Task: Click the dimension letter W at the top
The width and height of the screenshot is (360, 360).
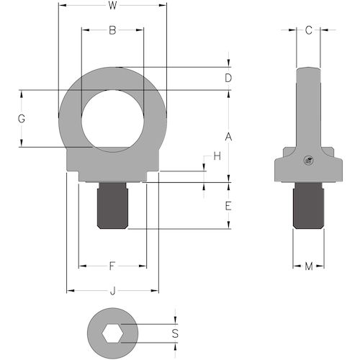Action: pyautogui.click(x=112, y=6)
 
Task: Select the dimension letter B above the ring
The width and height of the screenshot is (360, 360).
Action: pyautogui.click(x=112, y=31)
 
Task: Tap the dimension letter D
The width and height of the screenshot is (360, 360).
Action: pyautogui.click(x=228, y=78)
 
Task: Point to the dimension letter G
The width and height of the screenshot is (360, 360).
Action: pyautogui.click(x=22, y=119)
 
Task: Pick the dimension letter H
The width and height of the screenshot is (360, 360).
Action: pyautogui.click(x=215, y=156)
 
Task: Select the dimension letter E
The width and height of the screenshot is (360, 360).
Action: pyautogui.click(x=228, y=206)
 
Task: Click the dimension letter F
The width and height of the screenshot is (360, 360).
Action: pyautogui.click(x=112, y=267)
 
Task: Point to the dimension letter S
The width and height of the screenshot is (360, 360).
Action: pyautogui.click(x=176, y=333)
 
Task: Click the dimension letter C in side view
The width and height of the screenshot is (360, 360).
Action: pyautogui.click(x=308, y=30)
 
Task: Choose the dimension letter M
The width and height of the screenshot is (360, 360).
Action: pyautogui.click(x=308, y=267)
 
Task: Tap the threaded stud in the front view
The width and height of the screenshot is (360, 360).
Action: pyautogui.click(x=112, y=206)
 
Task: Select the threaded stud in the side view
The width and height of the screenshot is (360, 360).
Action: pyautogui.click(x=308, y=207)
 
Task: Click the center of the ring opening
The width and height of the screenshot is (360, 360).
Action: pyautogui.click(x=112, y=120)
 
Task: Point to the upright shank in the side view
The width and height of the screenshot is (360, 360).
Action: pyautogui.click(x=308, y=108)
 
